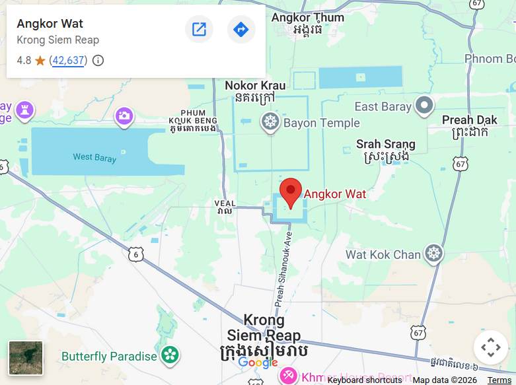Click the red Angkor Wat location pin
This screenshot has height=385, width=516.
click(x=291, y=192)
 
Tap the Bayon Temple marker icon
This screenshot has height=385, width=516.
click(x=269, y=122)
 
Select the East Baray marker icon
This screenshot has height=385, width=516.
click(x=424, y=105)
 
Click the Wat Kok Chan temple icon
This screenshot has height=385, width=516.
click(x=433, y=254)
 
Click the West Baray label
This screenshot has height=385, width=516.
click(x=94, y=158)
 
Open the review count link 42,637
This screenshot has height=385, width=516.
click(x=69, y=61)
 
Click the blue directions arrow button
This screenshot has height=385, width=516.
click(x=241, y=30)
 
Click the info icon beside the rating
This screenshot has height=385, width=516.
click(x=98, y=61)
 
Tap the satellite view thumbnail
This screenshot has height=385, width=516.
click(x=26, y=358)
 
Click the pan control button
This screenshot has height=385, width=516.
click(x=490, y=347)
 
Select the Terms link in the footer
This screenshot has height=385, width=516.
click(x=499, y=380)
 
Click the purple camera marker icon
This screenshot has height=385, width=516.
click(x=124, y=117)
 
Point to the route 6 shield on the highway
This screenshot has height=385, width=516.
click(x=136, y=255)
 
